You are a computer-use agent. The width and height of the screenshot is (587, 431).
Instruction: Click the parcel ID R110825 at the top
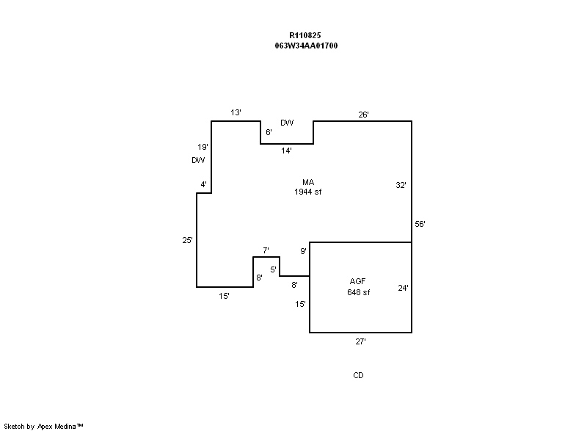(x=305, y=35)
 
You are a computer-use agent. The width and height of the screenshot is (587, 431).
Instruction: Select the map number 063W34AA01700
(x=305, y=46)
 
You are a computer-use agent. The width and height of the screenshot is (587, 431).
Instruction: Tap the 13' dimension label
(x=236, y=112)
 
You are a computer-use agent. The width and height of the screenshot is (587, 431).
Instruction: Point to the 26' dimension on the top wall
(x=363, y=115)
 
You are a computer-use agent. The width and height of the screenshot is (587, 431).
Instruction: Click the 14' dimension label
(x=287, y=151)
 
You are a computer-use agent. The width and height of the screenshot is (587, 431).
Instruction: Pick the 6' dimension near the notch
(x=269, y=132)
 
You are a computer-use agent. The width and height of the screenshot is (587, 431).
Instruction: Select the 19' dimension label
(x=203, y=147)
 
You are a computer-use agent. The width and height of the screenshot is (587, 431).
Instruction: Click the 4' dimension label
(x=204, y=184)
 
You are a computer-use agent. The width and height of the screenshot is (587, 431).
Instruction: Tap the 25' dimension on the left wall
(x=188, y=240)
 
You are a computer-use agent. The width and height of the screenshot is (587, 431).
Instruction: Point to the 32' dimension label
(x=401, y=186)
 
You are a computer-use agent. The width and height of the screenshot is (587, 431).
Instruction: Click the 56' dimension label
(x=420, y=225)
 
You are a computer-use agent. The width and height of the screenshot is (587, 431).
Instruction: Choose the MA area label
(x=308, y=182)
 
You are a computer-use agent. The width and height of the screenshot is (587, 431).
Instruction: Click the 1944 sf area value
(x=308, y=192)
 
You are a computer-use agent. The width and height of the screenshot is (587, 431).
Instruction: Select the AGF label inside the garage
(x=358, y=282)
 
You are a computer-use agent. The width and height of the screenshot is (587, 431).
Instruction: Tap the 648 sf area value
(x=358, y=292)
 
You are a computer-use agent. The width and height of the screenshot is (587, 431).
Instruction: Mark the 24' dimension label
(x=403, y=289)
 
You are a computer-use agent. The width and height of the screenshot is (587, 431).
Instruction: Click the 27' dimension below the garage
(x=360, y=341)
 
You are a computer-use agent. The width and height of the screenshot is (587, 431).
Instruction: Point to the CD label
(x=358, y=375)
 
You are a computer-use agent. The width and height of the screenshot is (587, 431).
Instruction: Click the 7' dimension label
(x=266, y=251)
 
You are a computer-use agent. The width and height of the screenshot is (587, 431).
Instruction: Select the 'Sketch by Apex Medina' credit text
(x=43, y=426)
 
